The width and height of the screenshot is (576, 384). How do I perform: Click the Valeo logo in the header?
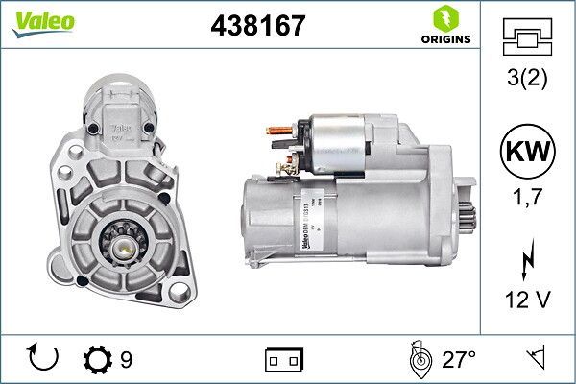pos(36,22)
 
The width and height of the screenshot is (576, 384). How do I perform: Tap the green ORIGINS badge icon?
pos(445,20)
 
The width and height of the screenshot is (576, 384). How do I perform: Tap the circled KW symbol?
pos(527,152)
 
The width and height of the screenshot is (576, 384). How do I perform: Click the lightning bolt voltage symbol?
pos(527,258)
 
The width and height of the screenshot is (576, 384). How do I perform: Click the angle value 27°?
pos(459,360)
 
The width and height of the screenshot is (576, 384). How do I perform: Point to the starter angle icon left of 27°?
pos(418,360)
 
